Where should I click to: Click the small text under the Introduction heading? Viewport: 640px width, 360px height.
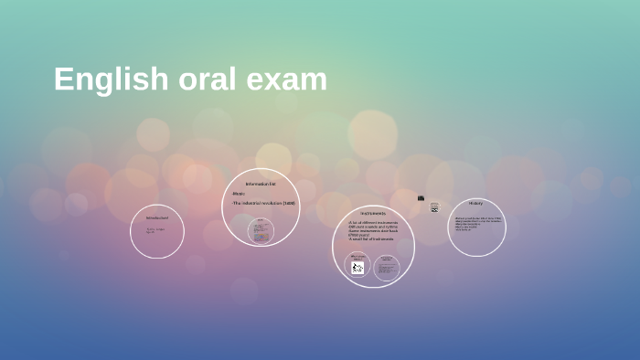[155, 230]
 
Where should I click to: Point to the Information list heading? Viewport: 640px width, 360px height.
[261, 185]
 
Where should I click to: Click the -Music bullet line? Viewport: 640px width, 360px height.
[239, 194]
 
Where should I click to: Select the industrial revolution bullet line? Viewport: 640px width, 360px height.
[263, 203]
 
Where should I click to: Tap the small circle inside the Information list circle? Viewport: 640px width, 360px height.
[261, 230]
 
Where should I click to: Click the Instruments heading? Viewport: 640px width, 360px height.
[372, 213]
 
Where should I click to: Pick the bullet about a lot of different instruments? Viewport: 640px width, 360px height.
[372, 222]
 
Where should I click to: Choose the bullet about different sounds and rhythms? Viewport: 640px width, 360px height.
[373, 227]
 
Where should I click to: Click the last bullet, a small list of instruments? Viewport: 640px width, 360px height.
[369, 239]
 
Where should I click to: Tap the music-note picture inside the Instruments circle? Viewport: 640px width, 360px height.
[357, 268]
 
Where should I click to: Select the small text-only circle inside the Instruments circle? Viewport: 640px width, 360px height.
[387, 265]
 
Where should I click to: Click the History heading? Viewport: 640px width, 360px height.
[475, 203]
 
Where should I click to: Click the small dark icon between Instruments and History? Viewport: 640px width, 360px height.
[421, 197]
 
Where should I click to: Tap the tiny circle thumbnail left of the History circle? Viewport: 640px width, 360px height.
[434, 207]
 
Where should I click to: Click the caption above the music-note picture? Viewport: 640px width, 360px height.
[357, 256]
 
